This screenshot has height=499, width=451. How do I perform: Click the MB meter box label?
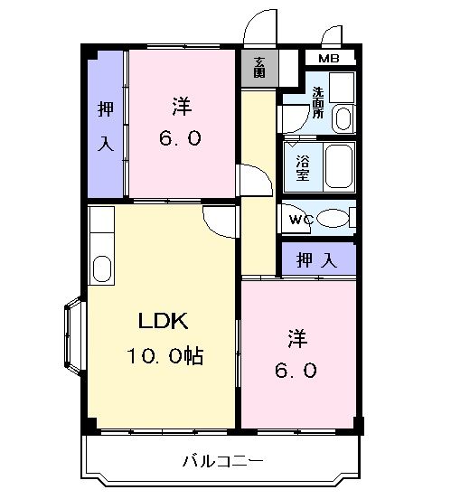(329, 59)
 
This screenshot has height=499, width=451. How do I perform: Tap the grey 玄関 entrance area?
(259, 68)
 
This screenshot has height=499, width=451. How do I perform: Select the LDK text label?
(164, 321)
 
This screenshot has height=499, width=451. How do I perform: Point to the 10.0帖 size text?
(165, 355)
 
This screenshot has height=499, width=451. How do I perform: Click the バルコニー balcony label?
(223, 460)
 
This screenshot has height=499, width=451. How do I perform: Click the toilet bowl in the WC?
(333, 218)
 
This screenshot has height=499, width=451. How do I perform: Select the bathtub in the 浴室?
(339, 167)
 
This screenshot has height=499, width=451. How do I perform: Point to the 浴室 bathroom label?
(303, 168)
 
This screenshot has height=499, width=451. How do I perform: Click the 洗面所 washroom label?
(317, 102)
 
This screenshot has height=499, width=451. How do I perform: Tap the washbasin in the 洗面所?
(343, 118)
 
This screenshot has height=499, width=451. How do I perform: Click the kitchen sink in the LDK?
(102, 268)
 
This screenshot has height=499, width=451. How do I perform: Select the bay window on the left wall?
(75, 335)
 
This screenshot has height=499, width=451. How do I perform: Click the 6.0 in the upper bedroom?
(180, 138)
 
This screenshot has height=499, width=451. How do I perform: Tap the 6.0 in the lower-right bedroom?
(296, 370)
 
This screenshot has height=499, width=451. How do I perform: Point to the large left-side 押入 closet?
(106, 124)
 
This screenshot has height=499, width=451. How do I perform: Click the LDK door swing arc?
(216, 228)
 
